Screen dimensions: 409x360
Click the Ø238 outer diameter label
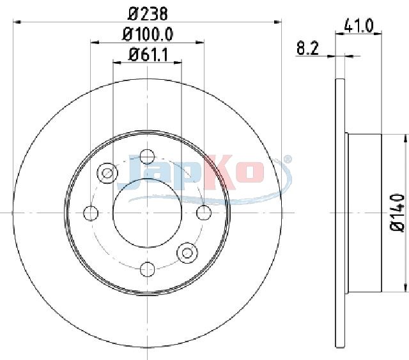pos(148,13)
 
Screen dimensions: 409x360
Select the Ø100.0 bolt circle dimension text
pos(148,34)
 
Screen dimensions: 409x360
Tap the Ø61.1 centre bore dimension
pos(148,55)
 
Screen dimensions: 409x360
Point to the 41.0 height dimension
pos(359,26)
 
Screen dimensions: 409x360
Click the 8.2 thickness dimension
pos(308,49)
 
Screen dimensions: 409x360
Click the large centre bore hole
pos(147,213)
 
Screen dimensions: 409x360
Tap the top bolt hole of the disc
pos(147,157)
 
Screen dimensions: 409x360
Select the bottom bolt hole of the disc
pos(148,269)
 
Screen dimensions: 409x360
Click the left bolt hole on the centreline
pos(91,213)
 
